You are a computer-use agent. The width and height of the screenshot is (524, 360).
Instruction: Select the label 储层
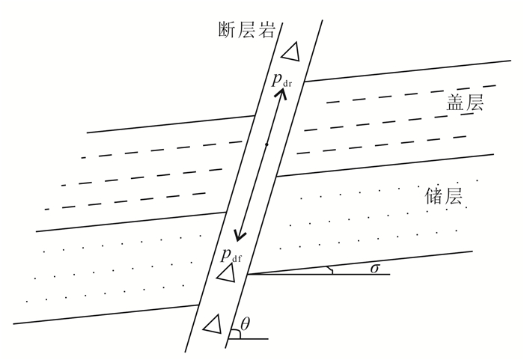coord(443,197)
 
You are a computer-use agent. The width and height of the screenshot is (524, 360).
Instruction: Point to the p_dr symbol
coord(281,79)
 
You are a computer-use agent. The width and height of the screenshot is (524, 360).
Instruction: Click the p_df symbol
coord(231,255)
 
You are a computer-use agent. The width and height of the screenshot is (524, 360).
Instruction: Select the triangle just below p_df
coord(227,273)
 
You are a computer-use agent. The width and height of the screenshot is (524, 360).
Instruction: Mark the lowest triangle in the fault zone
coord(213,323)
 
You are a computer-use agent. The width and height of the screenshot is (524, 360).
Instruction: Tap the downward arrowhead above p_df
coord(239,235)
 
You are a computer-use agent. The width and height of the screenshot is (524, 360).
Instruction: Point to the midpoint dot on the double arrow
coord(266,144)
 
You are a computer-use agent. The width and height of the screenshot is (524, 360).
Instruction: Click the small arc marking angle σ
coord(331,270)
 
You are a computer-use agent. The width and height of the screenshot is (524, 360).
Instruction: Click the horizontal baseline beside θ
coord(251,338)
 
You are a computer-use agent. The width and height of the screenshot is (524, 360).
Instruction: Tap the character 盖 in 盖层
coord(451,104)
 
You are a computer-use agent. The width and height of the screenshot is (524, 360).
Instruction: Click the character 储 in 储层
coord(433,197)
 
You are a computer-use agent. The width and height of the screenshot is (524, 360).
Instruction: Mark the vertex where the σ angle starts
coord(249,274)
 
